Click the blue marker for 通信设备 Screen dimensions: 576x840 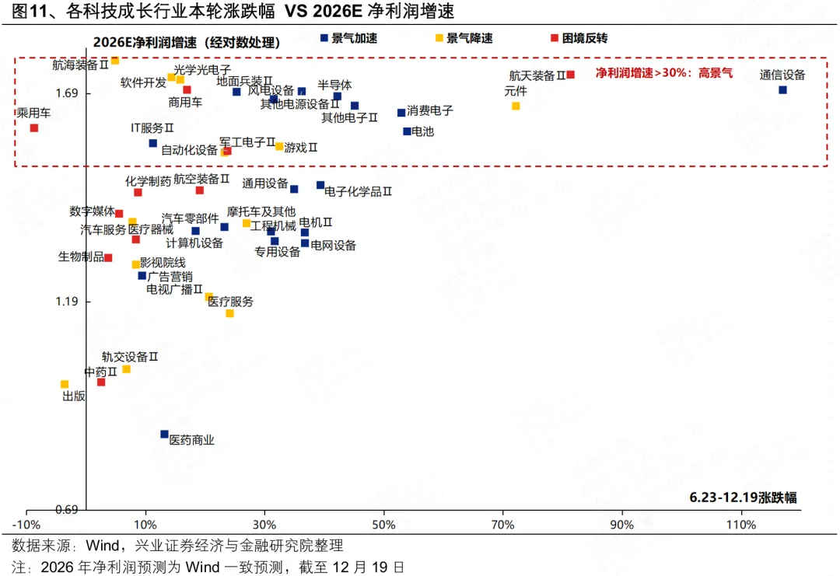(x=782, y=90)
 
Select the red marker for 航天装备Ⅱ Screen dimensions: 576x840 (x=570, y=75)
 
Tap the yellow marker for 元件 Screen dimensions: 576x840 (x=516, y=106)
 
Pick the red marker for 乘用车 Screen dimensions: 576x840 (x=34, y=127)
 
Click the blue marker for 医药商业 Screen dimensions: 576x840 (x=164, y=435)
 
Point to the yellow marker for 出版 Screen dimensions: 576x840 (x=65, y=384)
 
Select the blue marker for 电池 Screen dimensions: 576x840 (x=407, y=131)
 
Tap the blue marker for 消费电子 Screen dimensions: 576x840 (x=401, y=113)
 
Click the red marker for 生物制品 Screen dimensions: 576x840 (x=108, y=258)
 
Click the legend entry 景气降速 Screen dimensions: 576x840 (x=468, y=38)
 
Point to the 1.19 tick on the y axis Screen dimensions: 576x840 (x=67, y=302)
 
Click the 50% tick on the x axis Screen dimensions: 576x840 (x=384, y=525)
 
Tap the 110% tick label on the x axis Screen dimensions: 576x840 (x=740, y=525)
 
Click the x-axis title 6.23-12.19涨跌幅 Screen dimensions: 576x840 (x=743, y=497)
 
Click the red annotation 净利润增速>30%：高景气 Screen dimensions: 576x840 (x=663, y=73)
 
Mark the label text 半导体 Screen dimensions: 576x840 (x=334, y=85)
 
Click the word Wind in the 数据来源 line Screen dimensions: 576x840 (x=103, y=545)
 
